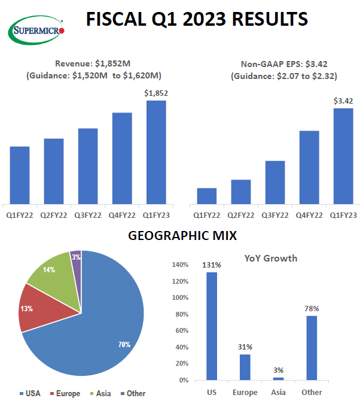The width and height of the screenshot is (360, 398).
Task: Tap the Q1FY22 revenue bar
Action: (x=20, y=175)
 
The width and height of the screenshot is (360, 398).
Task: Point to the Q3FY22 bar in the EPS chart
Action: (x=275, y=182)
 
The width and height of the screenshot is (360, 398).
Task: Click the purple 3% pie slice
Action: (x=76, y=257)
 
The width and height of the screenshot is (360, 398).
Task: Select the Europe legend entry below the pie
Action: (x=66, y=393)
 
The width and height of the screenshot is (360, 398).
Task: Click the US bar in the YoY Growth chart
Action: (x=212, y=326)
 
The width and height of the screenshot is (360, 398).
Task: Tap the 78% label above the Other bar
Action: (x=311, y=308)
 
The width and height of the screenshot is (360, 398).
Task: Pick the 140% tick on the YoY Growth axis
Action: (x=181, y=265)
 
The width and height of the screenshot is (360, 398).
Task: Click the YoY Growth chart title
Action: (x=271, y=259)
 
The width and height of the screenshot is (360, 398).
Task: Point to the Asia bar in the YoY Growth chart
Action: (x=278, y=378)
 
